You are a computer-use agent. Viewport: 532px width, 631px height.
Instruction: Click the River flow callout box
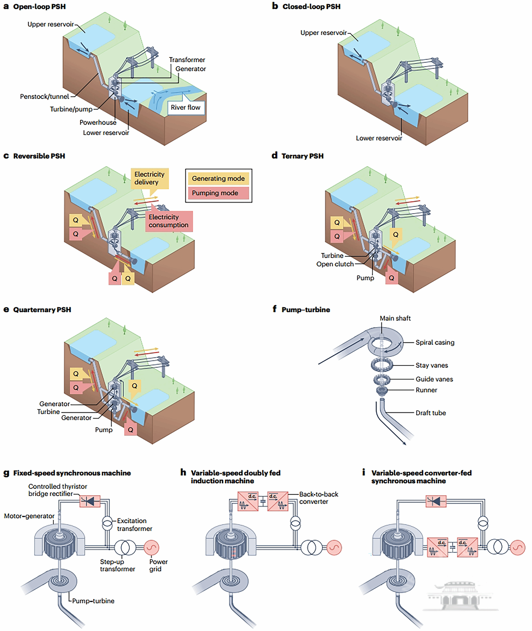tap(186, 108)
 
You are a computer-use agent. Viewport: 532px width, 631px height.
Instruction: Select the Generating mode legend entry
tap(218, 178)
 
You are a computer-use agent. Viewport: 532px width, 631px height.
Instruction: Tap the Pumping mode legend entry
tap(218, 193)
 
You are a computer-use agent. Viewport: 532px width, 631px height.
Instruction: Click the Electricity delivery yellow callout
tap(150, 178)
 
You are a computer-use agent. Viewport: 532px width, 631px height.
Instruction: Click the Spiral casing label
tap(435, 342)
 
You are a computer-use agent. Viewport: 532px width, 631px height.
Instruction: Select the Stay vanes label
tap(432, 365)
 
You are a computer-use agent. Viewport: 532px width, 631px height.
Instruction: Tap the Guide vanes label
tap(434, 379)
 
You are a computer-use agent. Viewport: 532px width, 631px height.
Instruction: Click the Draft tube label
tap(430, 413)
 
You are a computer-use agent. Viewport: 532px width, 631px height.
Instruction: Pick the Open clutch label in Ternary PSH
tap(335, 264)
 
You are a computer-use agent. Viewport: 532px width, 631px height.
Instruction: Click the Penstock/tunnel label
tap(44, 96)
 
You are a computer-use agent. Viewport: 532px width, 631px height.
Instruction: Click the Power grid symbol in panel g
tap(151, 547)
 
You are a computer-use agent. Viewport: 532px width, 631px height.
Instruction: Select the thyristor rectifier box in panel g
tap(90, 501)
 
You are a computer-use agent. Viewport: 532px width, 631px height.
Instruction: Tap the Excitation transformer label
tap(135, 525)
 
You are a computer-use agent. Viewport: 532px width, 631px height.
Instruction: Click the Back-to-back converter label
tap(319, 498)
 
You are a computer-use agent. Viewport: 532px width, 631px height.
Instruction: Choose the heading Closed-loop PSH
tap(311, 7)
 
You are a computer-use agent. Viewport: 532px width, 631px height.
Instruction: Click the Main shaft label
tap(395, 318)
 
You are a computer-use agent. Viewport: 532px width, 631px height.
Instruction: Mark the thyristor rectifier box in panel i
tap(436, 501)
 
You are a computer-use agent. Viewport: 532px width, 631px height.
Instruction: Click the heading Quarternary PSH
tap(42, 310)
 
